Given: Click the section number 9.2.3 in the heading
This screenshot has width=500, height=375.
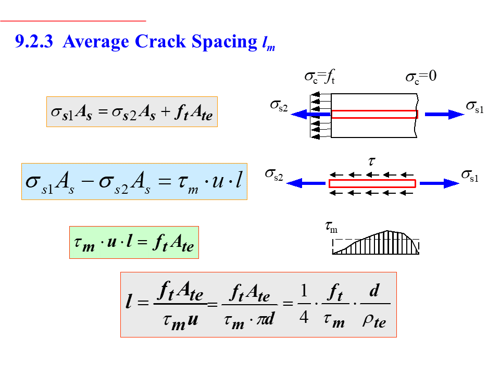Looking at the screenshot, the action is [34, 42].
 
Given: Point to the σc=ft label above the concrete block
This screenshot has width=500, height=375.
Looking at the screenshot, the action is [319, 78].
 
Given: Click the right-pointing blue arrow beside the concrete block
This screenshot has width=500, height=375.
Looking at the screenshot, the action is [444, 115].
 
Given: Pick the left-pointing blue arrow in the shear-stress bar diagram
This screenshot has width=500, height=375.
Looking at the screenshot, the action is [307, 183].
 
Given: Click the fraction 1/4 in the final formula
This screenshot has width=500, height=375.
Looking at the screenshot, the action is [304, 304].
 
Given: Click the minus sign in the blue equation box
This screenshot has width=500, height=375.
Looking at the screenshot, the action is [86, 182].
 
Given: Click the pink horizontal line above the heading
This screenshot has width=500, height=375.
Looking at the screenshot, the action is [73, 21].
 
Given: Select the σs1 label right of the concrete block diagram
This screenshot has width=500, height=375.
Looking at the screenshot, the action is [474, 107].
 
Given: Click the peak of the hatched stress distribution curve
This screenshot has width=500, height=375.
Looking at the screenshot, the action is [388, 231].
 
